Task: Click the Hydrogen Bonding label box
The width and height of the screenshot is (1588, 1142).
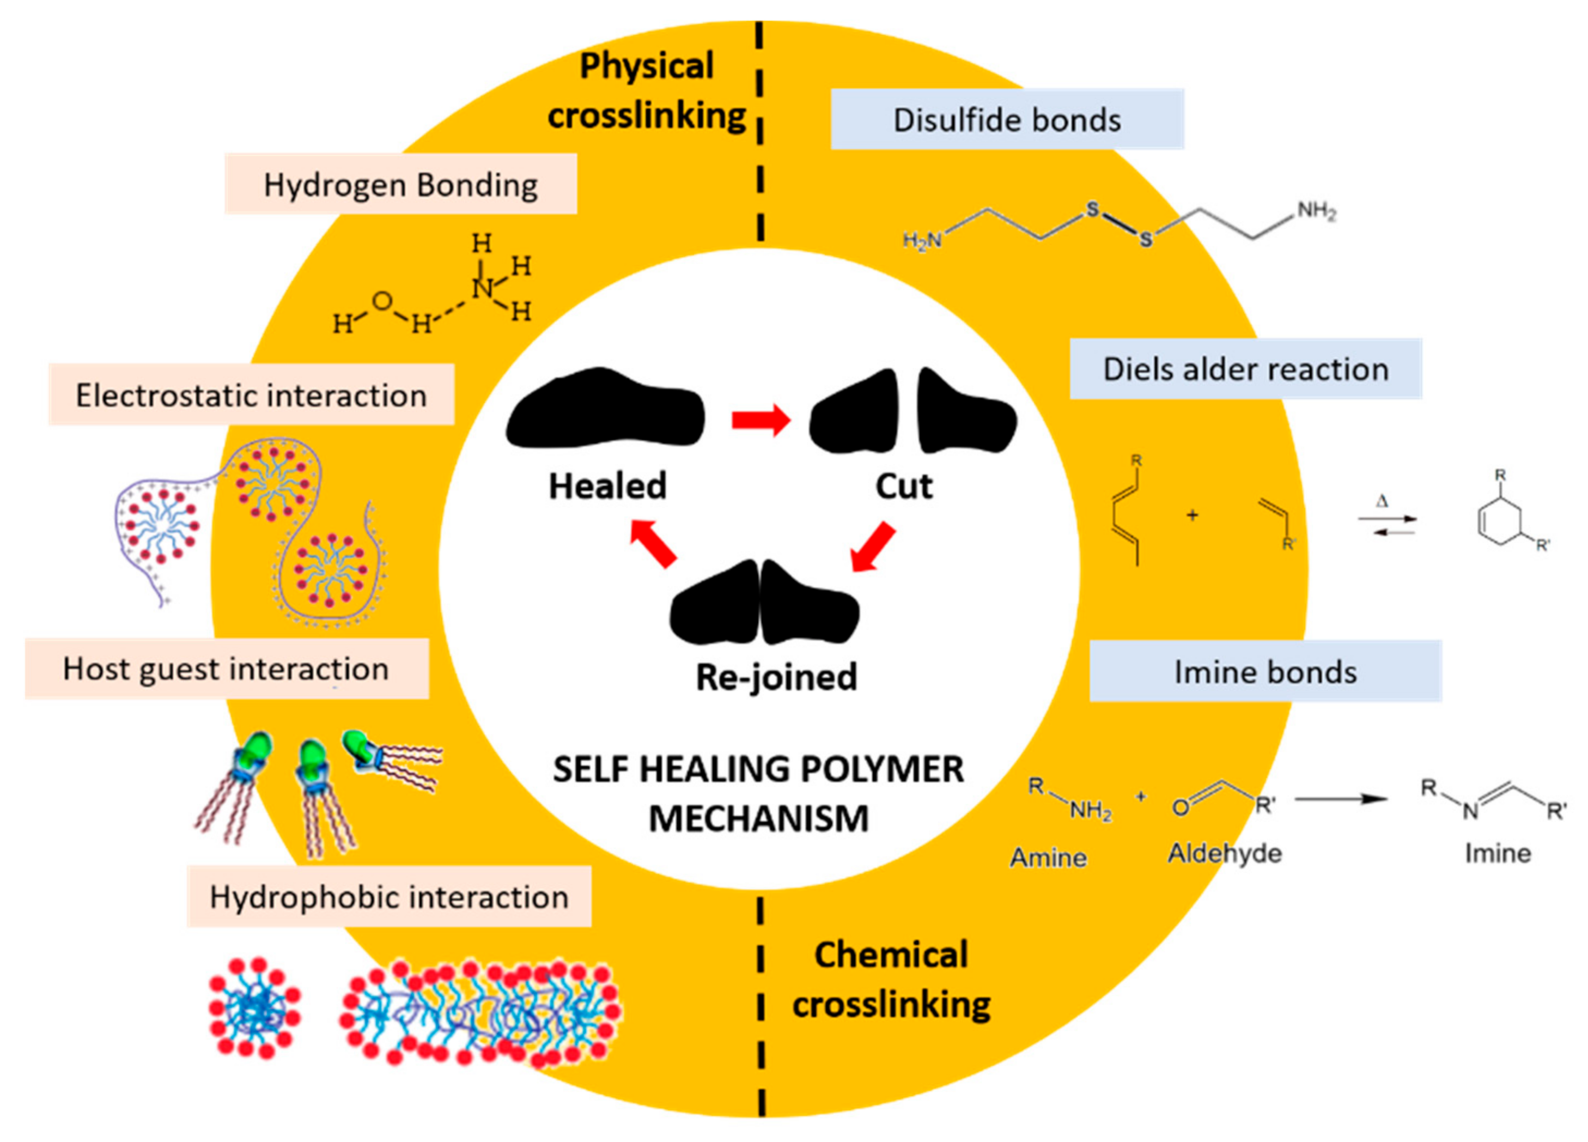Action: coord(400,184)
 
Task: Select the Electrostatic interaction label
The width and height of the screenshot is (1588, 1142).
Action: coord(251,395)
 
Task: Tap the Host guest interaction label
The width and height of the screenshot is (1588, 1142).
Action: coord(226,669)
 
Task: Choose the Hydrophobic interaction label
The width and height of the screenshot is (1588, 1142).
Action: coord(390,897)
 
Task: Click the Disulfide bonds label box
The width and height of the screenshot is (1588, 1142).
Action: coord(1007,120)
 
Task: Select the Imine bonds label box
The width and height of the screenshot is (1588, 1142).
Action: coord(1265,671)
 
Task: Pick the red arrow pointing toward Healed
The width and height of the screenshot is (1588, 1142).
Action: coord(653,543)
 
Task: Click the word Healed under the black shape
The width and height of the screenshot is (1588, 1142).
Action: coord(607,486)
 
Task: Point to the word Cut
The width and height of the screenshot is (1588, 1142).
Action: coord(904,486)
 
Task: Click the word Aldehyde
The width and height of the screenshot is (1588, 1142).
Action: coord(1225,853)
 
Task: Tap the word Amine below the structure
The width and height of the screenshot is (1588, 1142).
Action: coord(1048,857)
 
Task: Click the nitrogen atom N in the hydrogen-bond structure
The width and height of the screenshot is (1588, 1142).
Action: coord(482,288)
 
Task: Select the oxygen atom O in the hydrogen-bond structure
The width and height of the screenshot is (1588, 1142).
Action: coord(381,302)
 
